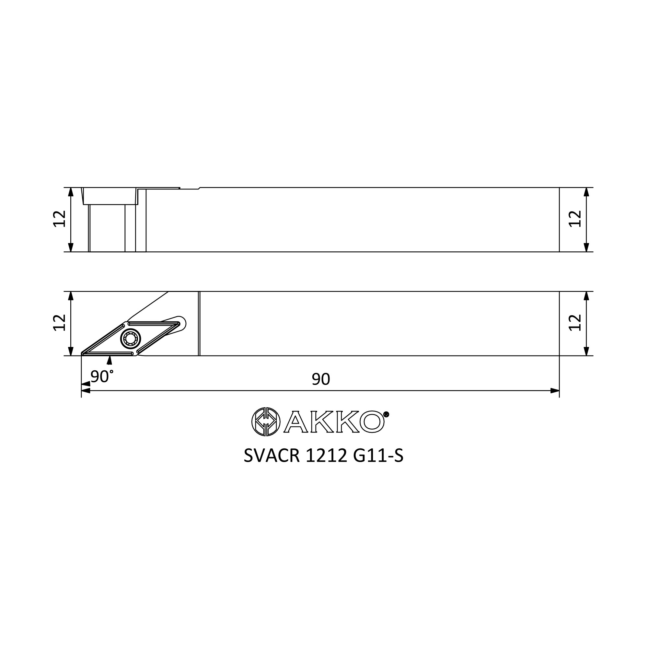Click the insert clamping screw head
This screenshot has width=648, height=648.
coord(131,340)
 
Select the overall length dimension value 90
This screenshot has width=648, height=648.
coord(321,379)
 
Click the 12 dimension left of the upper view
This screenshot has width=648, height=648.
coord(60,219)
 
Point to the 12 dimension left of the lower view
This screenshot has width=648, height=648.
coord(60,323)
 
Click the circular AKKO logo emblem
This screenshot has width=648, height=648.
coord(266,422)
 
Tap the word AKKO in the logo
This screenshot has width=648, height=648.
coord(334,422)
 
